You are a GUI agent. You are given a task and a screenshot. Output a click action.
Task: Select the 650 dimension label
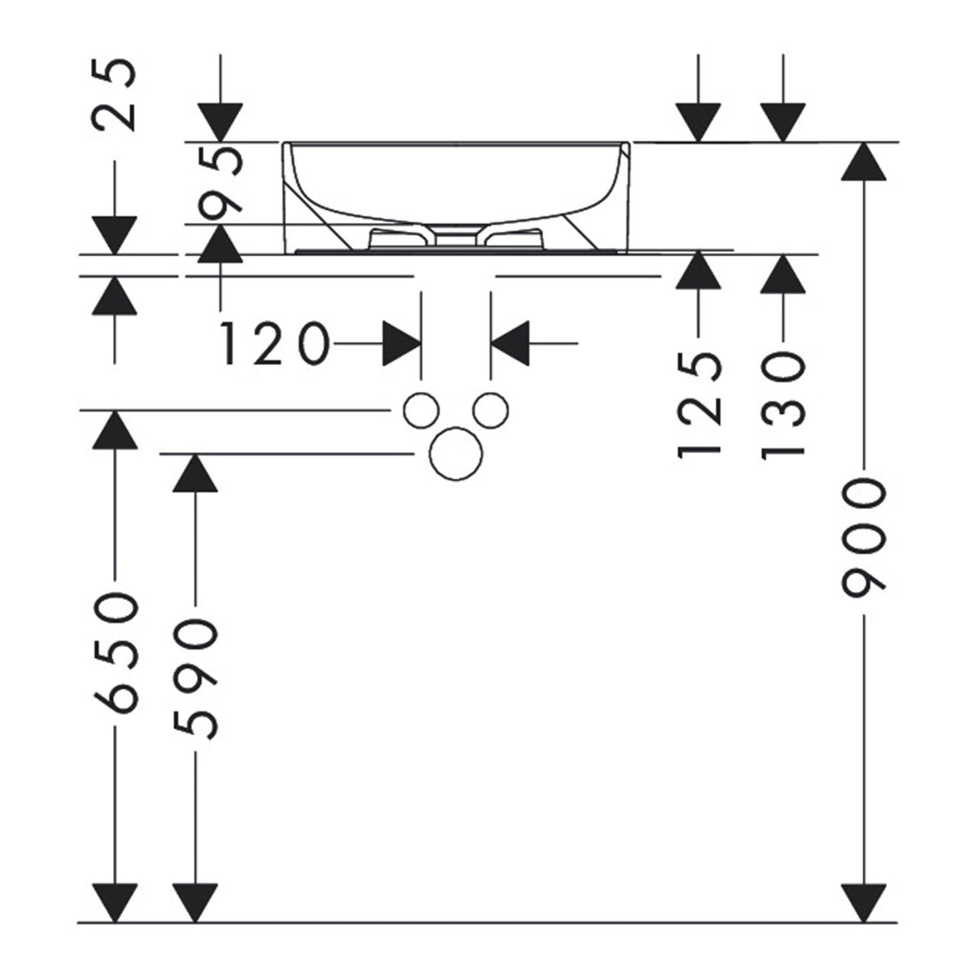pyautogui.click(x=115, y=653)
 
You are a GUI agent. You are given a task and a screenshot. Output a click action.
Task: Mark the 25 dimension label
pyautogui.click(x=114, y=95)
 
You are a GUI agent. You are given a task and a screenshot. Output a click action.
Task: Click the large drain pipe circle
pyautogui.click(x=455, y=453)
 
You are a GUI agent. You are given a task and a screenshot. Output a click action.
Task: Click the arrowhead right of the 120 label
pyautogui.click(x=402, y=343)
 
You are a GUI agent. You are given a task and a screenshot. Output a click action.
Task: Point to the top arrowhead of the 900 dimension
pyautogui.click(x=864, y=162)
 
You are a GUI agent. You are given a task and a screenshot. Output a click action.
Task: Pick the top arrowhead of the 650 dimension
pyautogui.click(x=115, y=430)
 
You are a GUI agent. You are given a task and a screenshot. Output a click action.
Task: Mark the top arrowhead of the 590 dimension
pyautogui.click(x=195, y=473)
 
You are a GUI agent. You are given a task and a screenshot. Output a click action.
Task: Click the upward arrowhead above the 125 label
pyautogui.click(x=699, y=270)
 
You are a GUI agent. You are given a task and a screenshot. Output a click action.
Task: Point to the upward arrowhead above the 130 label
pyautogui.click(x=783, y=274)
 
